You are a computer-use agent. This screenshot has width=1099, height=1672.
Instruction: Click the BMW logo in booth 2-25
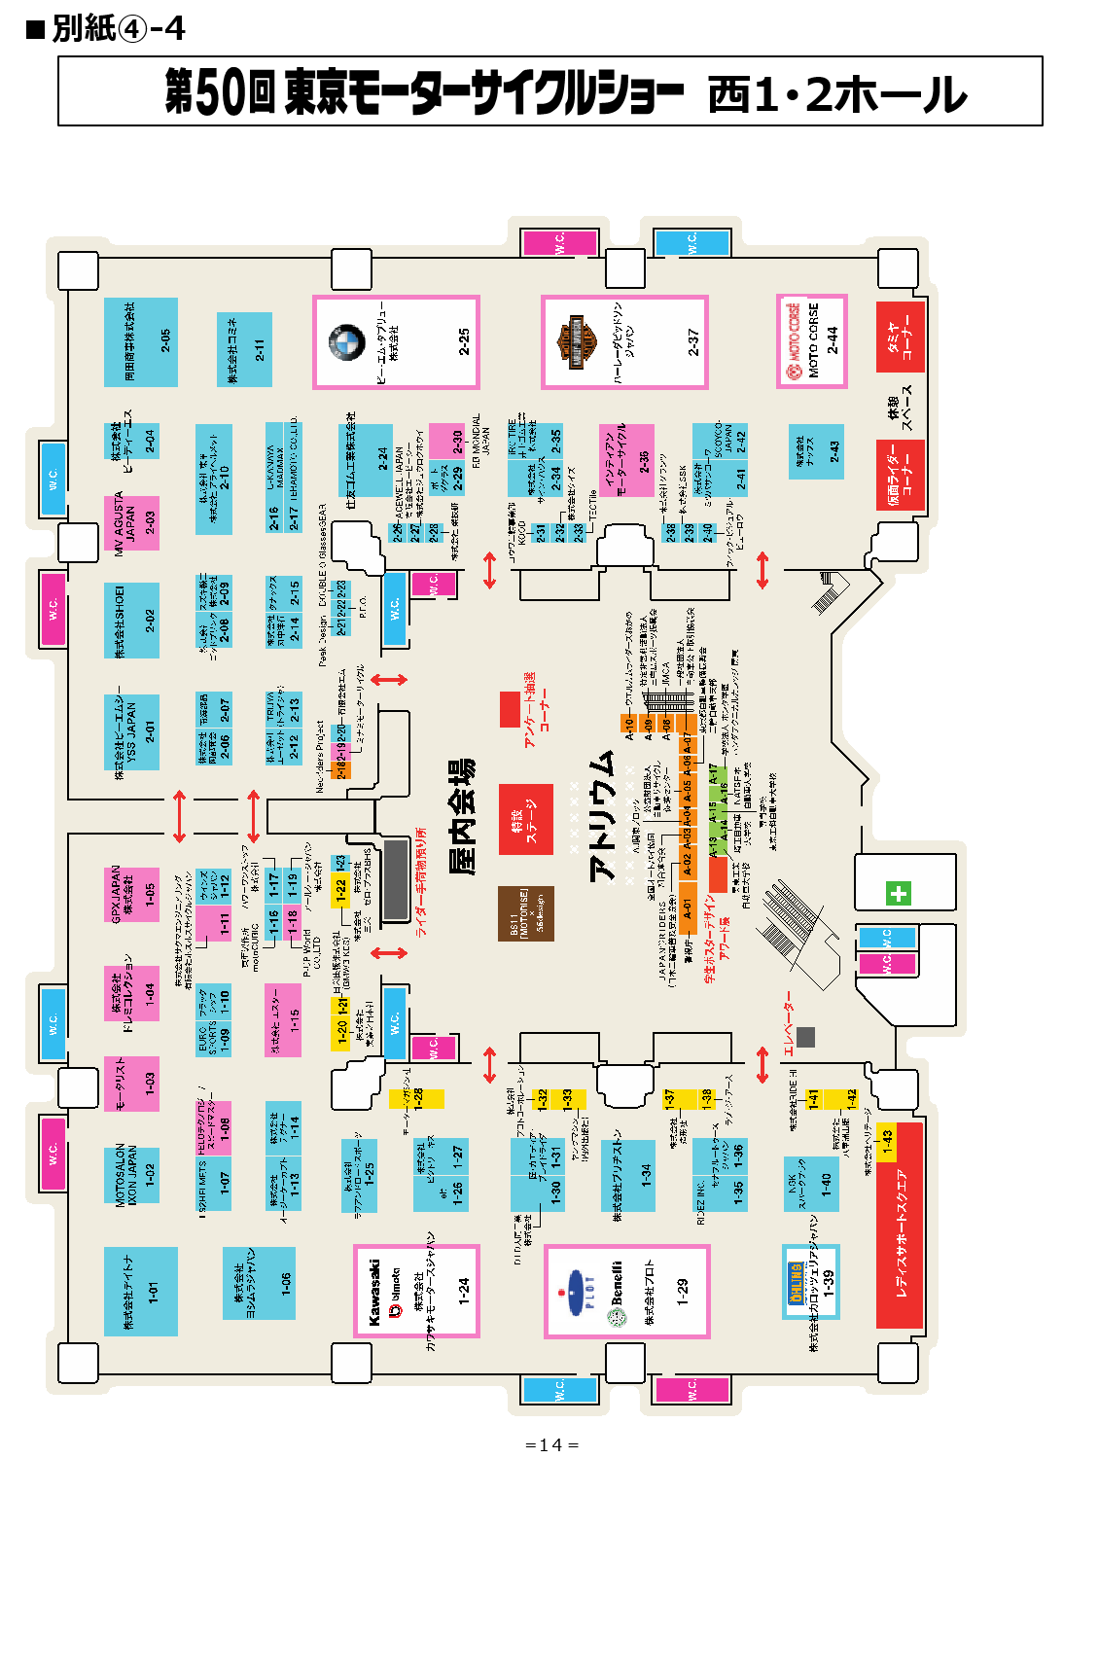[x=345, y=342]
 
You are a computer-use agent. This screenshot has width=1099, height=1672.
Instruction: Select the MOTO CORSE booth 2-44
[x=812, y=340]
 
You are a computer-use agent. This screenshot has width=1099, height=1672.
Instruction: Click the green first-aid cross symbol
[x=898, y=893]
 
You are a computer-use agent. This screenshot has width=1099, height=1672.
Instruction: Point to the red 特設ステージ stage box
[x=526, y=820]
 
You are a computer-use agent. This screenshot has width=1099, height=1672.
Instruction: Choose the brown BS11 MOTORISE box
[x=526, y=913]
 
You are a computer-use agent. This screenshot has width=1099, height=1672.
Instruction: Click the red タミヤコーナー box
[x=900, y=337]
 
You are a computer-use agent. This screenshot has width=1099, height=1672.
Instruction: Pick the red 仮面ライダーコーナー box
[x=900, y=475]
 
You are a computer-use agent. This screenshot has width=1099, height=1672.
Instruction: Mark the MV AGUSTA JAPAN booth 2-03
[x=131, y=523]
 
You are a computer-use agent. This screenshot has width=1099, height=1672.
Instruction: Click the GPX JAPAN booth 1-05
[x=131, y=894]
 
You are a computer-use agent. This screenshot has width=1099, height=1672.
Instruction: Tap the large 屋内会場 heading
[x=463, y=817]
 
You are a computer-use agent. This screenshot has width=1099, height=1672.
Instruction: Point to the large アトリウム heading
[x=603, y=816]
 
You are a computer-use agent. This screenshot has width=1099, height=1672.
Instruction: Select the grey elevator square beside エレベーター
[x=805, y=1037]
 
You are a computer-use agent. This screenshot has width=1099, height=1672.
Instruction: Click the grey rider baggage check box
[x=395, y=880]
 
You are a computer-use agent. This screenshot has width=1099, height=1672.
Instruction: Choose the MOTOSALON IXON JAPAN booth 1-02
[x=131, y=1175]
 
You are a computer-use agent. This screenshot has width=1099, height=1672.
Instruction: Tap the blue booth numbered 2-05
[x=141, y=341]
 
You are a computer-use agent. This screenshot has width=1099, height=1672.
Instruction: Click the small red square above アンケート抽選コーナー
[x=510, y=709]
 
